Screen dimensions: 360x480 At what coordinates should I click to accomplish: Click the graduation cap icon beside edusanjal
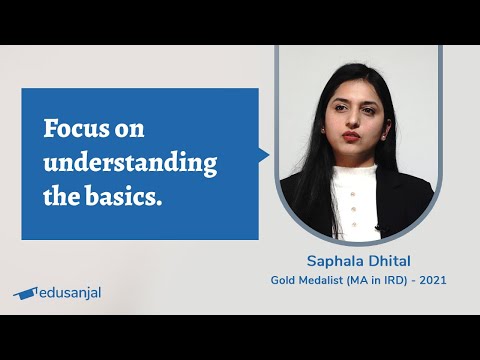pos(25,293)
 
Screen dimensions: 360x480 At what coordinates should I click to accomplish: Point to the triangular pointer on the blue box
pos(264,155)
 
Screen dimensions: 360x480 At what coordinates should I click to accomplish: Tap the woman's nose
pos(351,118)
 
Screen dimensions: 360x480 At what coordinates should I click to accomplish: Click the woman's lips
pos(351,135)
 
